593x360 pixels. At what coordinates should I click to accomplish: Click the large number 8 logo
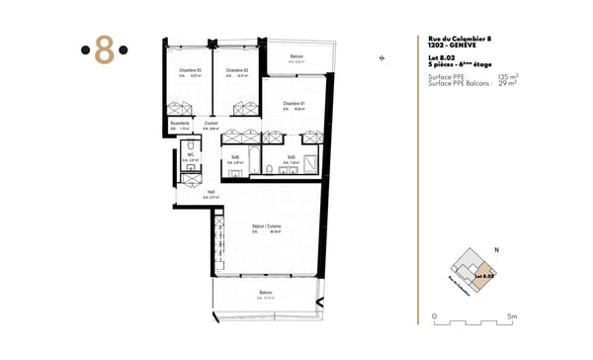click(x=103, y=50)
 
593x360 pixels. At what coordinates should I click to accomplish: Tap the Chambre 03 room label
click(x=190, y=70)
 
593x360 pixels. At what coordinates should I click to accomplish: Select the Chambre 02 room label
click(x=235, y=70)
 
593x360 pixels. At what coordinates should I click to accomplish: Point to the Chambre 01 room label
click(x=294, y=104)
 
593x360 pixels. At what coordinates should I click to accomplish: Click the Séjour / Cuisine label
click(x=266, y=226)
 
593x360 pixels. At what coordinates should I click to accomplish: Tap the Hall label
click(x=212, y=192)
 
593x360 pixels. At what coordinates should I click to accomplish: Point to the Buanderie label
click(x=180, y=124)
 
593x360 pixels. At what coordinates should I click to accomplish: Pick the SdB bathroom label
click(x=235, y=156)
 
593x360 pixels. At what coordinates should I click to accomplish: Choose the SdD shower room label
click(x=292, y=156)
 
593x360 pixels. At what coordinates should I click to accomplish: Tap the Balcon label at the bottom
click(x=266, y=293)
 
